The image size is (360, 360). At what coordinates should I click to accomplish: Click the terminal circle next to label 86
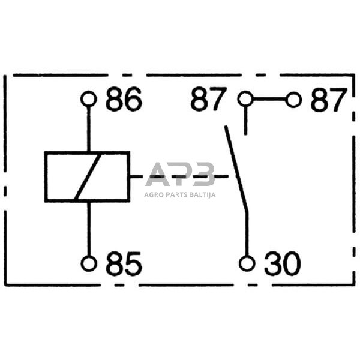89,99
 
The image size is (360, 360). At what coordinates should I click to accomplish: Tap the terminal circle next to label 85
89,263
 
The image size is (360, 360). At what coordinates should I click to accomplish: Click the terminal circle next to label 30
245,263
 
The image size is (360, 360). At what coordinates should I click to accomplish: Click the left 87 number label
209,100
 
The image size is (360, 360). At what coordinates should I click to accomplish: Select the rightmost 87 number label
328,100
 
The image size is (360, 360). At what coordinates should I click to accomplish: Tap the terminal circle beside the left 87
245,99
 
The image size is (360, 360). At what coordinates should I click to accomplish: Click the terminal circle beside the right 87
293,99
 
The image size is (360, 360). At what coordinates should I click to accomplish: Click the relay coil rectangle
60,177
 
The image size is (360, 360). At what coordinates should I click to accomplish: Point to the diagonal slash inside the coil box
88,177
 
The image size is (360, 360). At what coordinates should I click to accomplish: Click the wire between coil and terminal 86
89,129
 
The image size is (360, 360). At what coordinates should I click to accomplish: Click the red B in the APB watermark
203,175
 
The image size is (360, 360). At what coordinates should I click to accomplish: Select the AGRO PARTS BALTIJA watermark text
180,194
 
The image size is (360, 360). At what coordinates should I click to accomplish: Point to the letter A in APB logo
158,175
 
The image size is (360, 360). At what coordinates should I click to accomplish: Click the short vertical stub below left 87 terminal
245,120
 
